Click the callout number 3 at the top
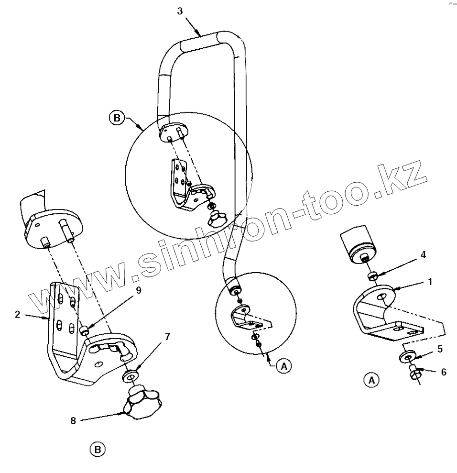(x=179, y=11)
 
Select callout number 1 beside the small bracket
(x=430, y=282)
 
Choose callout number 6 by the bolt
(x=444, y=372)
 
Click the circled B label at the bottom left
(x=97, y=449)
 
